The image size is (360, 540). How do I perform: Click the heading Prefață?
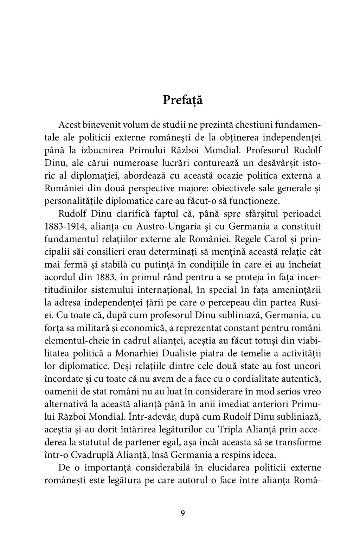[x=183, y=100]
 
